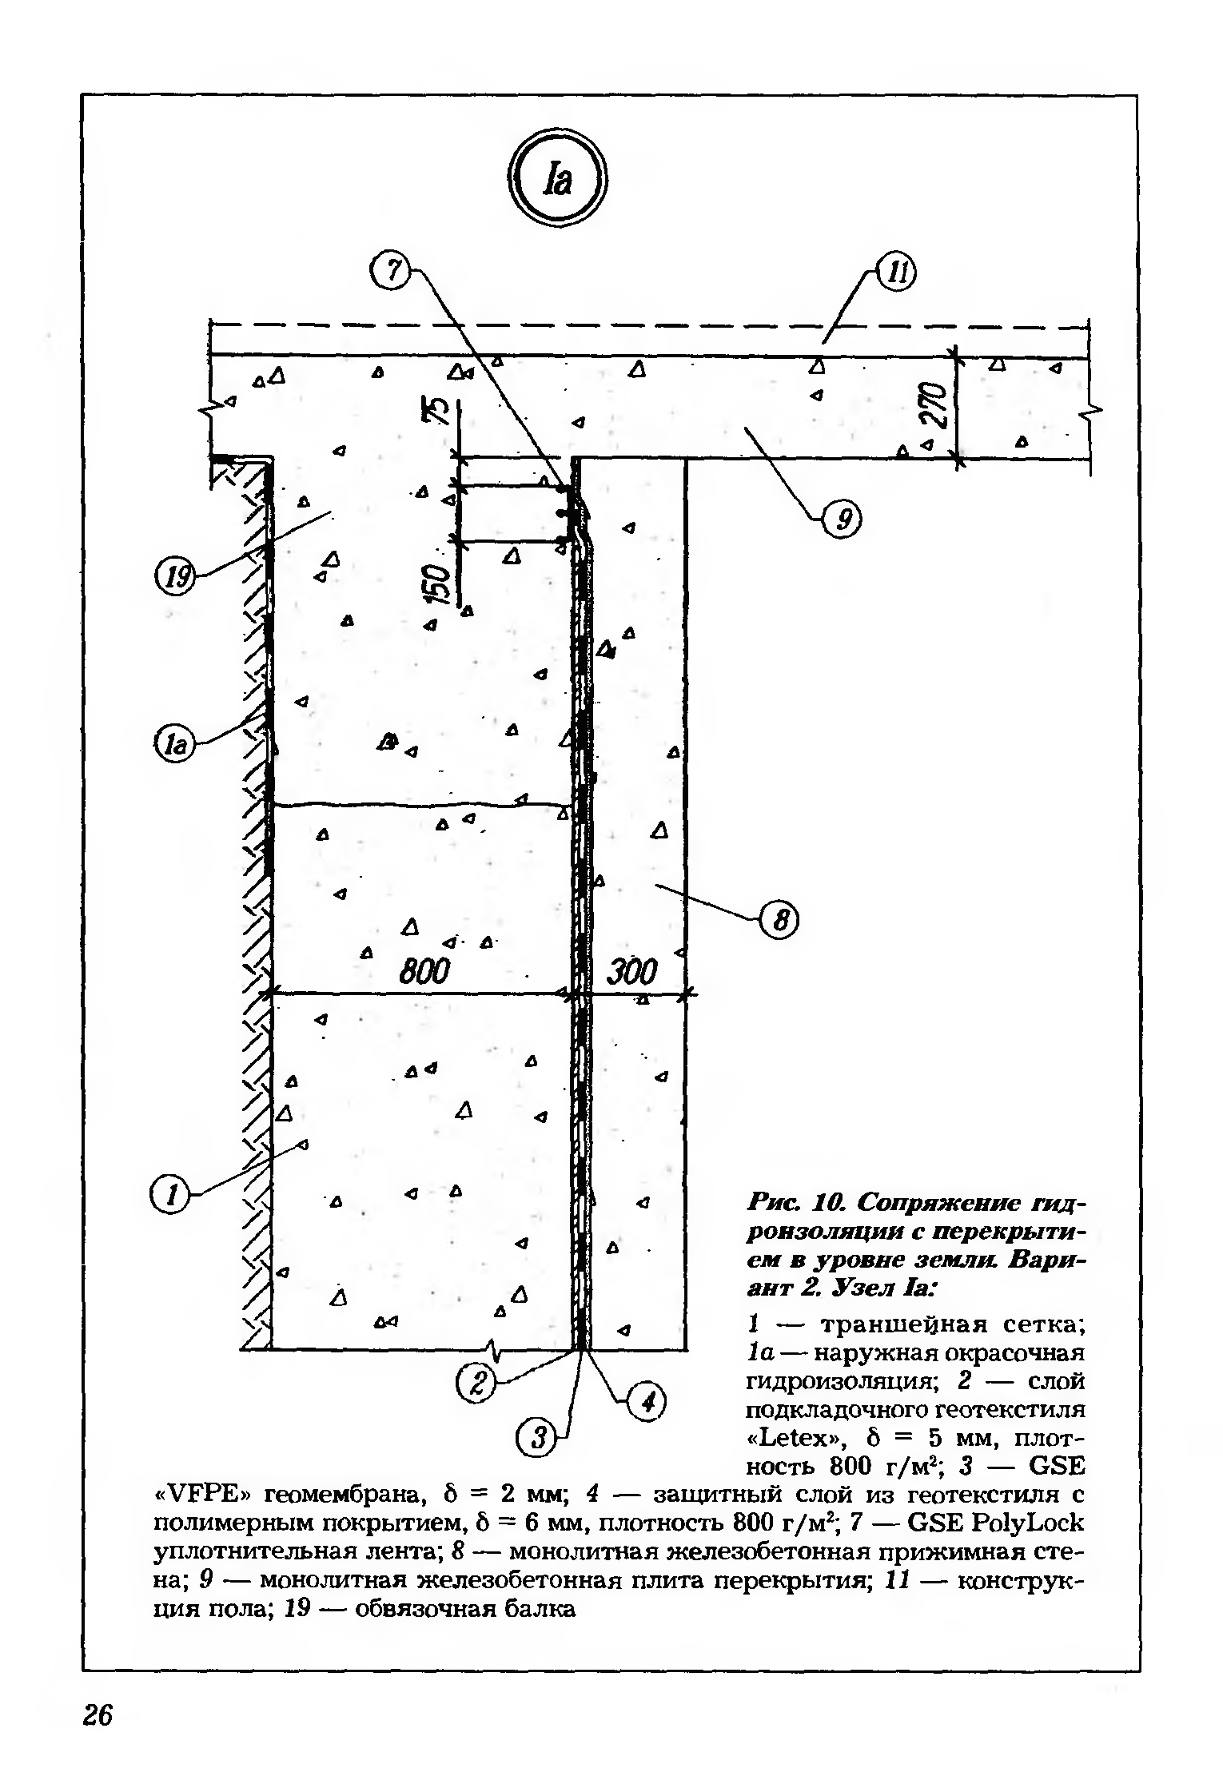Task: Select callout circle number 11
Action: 897,275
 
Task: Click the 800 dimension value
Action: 425,973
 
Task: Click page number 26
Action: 98,1714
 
